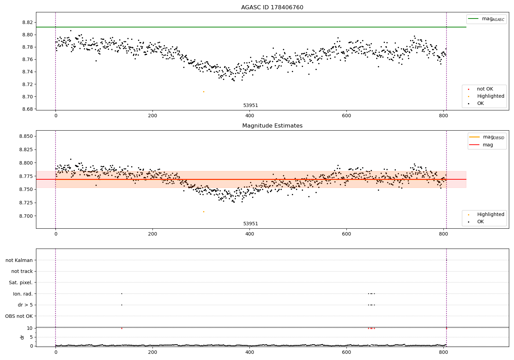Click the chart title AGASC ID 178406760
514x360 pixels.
pos(272,8)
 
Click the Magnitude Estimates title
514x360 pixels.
pos(272,126)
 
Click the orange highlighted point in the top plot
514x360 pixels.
pos(204,92)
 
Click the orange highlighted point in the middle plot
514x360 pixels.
pos(204,212)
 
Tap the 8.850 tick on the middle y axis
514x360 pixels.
pos(26,136)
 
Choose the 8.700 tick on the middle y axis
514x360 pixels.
pos(26,216)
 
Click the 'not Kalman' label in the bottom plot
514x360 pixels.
pos(19,260)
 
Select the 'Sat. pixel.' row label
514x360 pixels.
pos(21,283)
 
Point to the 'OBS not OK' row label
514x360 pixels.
pos(19,316)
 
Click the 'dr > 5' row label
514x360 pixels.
pos(25,305)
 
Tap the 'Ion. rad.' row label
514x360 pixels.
pos(23,294)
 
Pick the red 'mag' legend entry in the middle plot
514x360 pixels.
pos(488,145)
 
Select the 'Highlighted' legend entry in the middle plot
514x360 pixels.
pos(490,214)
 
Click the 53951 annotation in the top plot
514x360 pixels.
pos(250,106)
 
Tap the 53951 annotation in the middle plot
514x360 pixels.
pos(250,224)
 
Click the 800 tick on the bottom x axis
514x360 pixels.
pos(443,352)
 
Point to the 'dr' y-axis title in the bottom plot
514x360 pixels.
pos(22,337)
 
